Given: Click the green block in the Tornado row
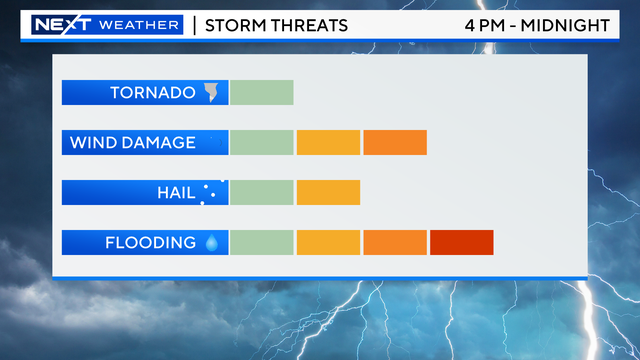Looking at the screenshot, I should [261, 92].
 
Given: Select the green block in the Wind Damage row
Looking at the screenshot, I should [261, 142].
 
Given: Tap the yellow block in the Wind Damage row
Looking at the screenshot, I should [328, 142].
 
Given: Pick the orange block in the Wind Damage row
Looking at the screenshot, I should [395, 142].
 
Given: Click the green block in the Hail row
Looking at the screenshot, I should [261, 192].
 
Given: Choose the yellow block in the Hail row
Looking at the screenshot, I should [328, 192].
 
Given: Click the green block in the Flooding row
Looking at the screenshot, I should [261, 242].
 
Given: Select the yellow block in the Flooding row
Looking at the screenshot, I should [328, 242].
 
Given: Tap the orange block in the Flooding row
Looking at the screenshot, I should [395, 242].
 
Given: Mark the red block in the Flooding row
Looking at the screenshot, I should [462, 242].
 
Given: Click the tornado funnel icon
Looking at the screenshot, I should [211, 93].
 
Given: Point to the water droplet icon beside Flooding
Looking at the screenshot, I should [212, 242].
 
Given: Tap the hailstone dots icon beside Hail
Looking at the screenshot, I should [209, 192].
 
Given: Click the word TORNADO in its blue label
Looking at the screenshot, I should [152, 93].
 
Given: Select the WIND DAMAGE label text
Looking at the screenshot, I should [132, 143].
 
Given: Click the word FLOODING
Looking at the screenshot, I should [151, 243].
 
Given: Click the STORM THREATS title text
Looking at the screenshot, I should [276, 24].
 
